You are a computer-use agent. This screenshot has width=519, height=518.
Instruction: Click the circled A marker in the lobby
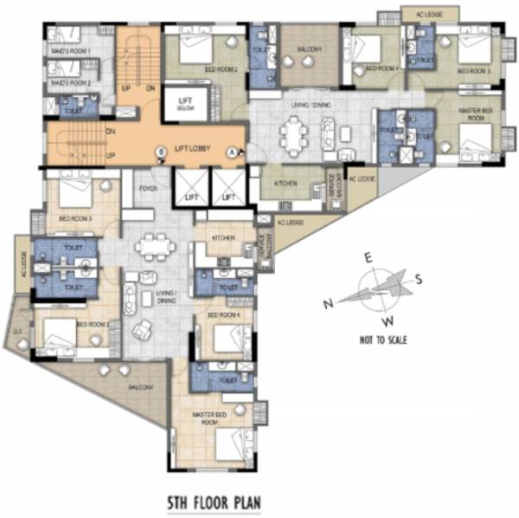(231, 152)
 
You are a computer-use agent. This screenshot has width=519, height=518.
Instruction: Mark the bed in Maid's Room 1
(62, 35)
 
